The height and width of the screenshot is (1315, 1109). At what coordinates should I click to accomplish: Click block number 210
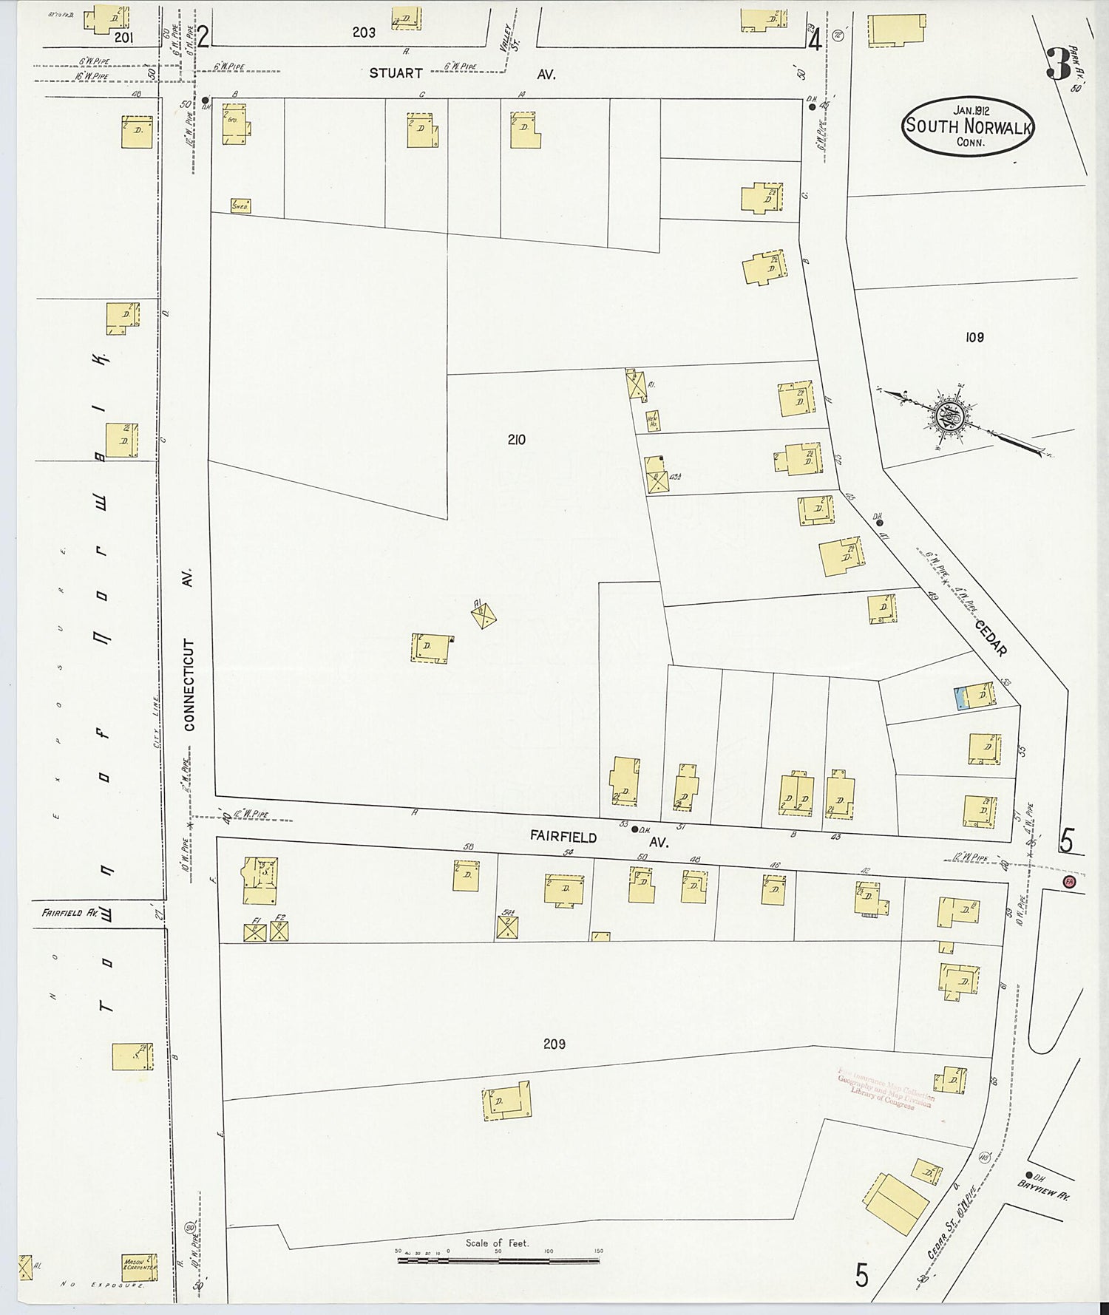tap(516, 440)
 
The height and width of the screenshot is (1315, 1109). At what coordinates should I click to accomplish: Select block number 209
tap(554, 1044)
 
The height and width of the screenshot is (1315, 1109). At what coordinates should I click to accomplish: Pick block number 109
tap(974, 338)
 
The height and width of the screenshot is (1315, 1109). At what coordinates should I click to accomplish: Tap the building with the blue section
tap(974, 696)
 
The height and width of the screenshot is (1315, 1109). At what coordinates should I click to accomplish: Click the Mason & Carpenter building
tap(139, 1264)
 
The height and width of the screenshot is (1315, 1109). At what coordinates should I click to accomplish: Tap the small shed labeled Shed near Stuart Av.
tap(240, 206)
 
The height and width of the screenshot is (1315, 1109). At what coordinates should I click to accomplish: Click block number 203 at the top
tap(364, 33)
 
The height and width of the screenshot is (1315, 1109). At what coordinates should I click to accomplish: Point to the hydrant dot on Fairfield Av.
tap(634, 829)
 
